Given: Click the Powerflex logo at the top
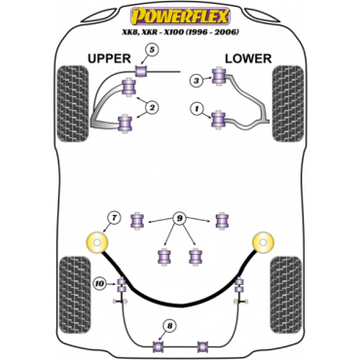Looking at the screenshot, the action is click(x=180, y=17).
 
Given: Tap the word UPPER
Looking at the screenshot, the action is click(x=109, y=58).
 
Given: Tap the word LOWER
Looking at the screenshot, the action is click(x=248, y=58).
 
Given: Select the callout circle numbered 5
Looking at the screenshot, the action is click(x=153, y=50).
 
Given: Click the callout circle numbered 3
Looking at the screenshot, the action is click(x=197, y=80).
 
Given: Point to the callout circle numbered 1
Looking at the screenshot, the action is click(x=197, y=110).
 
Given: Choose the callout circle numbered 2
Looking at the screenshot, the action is click(x=152, y=107).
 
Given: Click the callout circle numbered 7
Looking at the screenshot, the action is click(x=113, y=218).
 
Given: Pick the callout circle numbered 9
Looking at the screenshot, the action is click(x=179, y=219).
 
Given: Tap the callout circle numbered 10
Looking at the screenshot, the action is click(x=100, y=284).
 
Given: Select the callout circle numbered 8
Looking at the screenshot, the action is click(x=170, y=326).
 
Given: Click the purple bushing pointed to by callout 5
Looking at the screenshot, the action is click(x=141, y=71).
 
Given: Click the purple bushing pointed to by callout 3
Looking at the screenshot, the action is click(x=219, y=76).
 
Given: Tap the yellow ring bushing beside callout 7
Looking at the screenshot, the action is click(x=97, y=242).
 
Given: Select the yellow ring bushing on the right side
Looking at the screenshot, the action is click(x=264, y=242).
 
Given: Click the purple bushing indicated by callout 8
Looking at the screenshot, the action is click(x=159, y=346).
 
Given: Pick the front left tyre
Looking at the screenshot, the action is click(x=73, y=103).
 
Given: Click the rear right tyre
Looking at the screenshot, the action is click(x=286, y=295).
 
